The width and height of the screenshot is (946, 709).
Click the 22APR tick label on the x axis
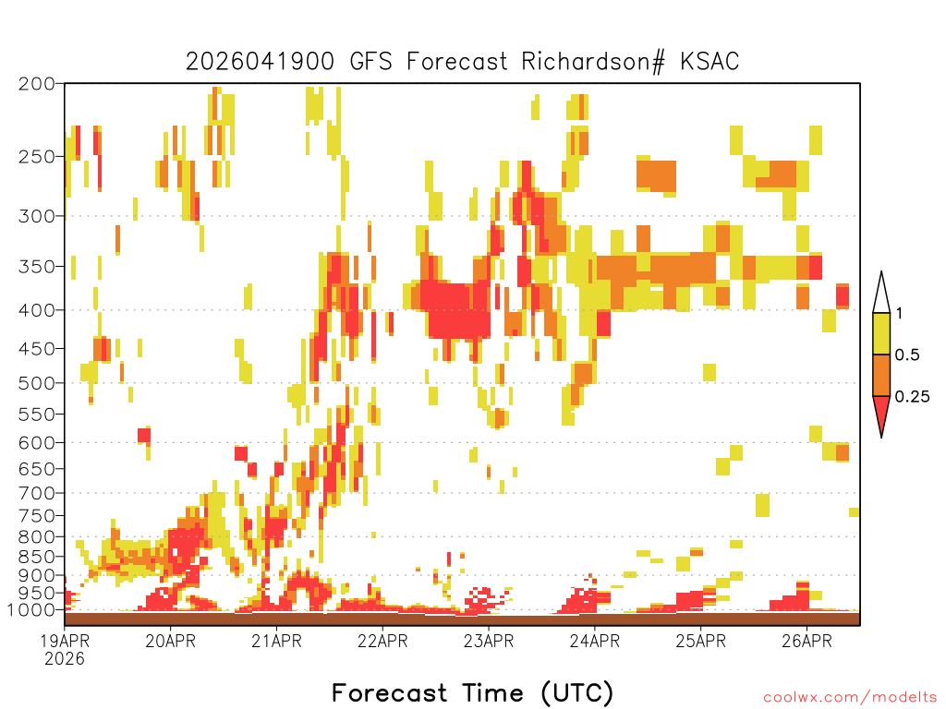point(382,641)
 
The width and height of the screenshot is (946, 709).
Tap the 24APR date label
point(595,641)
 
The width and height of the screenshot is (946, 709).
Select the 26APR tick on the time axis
point(807,641)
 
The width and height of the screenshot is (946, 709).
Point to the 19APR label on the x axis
point(66,641)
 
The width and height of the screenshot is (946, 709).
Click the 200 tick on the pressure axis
point(37,84)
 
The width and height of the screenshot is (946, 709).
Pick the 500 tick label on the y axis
point(37,383)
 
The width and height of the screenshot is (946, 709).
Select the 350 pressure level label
point(37,267)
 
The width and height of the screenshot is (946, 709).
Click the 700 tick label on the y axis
point(37,494)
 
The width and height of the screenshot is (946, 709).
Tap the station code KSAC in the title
point(709,62)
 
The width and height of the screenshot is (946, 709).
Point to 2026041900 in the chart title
point(260,62)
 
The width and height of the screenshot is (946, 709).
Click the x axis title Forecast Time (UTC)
point(472,692)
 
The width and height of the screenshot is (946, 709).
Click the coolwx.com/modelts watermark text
point(850,698)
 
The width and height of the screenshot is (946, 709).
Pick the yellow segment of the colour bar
point(881,333)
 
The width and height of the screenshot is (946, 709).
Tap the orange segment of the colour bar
point(881,375)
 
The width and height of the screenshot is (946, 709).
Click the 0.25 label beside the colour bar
point(912,397)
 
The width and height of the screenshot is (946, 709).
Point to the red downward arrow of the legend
point(881,415)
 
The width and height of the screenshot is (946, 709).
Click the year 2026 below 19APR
point(65,659)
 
